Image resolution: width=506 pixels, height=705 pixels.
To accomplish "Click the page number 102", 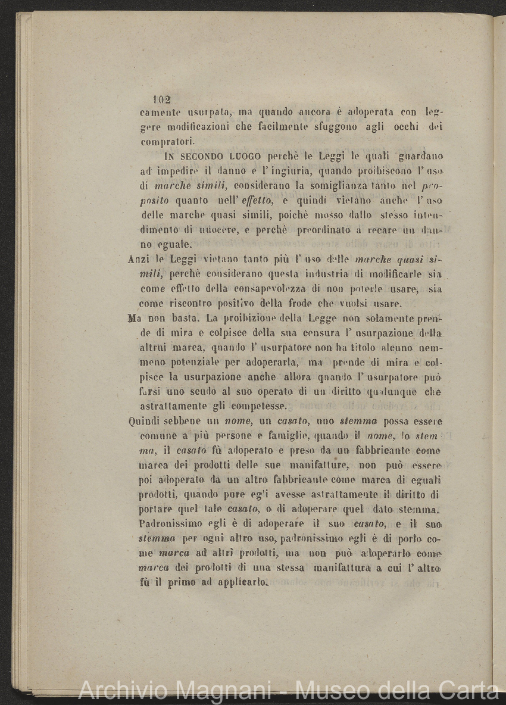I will click(x=161, y=99).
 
